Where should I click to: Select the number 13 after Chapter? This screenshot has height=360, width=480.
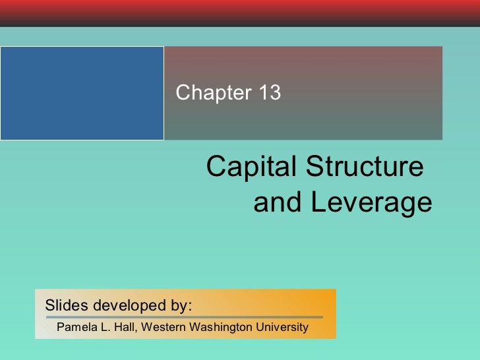coord(269,94)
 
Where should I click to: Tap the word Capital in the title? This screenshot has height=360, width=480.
coord(247,168)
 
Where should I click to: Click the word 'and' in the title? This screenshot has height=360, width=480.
coord(278,203)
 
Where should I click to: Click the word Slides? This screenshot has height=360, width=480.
coord(66,306)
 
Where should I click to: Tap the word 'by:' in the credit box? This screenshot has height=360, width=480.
coord(182,307)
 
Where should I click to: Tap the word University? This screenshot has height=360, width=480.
coord(282,327)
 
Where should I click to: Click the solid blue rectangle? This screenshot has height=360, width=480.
coord(82,93)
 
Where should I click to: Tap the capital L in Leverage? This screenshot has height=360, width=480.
coord(318,203)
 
